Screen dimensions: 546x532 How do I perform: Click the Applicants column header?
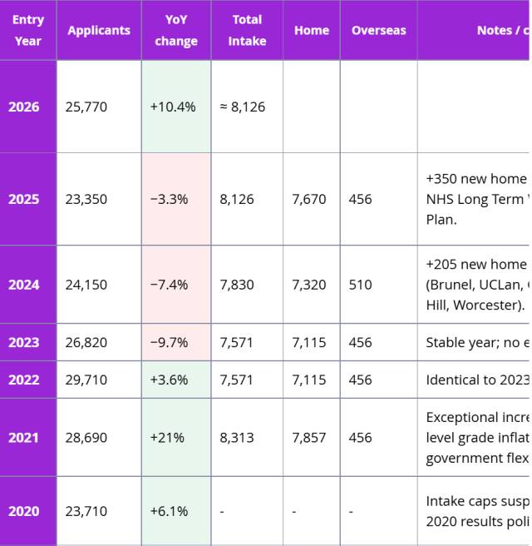point(99,30)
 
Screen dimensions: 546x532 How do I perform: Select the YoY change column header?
point(176,30)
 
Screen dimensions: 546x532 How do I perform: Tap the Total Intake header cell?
point(247,30)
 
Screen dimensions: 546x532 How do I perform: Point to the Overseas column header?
point(378,30)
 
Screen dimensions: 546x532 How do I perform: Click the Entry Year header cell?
point(28,30)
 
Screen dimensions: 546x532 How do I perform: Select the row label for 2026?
point(24,107)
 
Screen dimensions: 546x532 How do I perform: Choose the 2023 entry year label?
point(24,342)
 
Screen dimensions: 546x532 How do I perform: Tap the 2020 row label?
point(24,511)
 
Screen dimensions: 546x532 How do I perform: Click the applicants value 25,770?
point(86,107)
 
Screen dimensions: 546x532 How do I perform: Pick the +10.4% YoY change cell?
point(173,107)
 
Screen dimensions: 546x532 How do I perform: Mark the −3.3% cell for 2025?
point(170,199)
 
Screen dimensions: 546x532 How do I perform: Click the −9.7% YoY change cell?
point(170,342)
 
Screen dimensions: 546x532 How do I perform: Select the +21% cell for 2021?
point(168,437)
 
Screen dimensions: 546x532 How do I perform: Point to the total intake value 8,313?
point(237,437)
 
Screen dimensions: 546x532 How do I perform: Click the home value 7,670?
point(309,199)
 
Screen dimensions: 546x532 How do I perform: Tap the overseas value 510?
point(361,285)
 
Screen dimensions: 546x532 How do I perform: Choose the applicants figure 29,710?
point(86,380)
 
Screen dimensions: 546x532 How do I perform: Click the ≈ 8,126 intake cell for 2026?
point(243,107)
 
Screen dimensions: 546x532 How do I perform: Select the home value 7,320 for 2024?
point(309,285)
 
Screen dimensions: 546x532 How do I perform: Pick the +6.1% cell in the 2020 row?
point(170,511)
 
